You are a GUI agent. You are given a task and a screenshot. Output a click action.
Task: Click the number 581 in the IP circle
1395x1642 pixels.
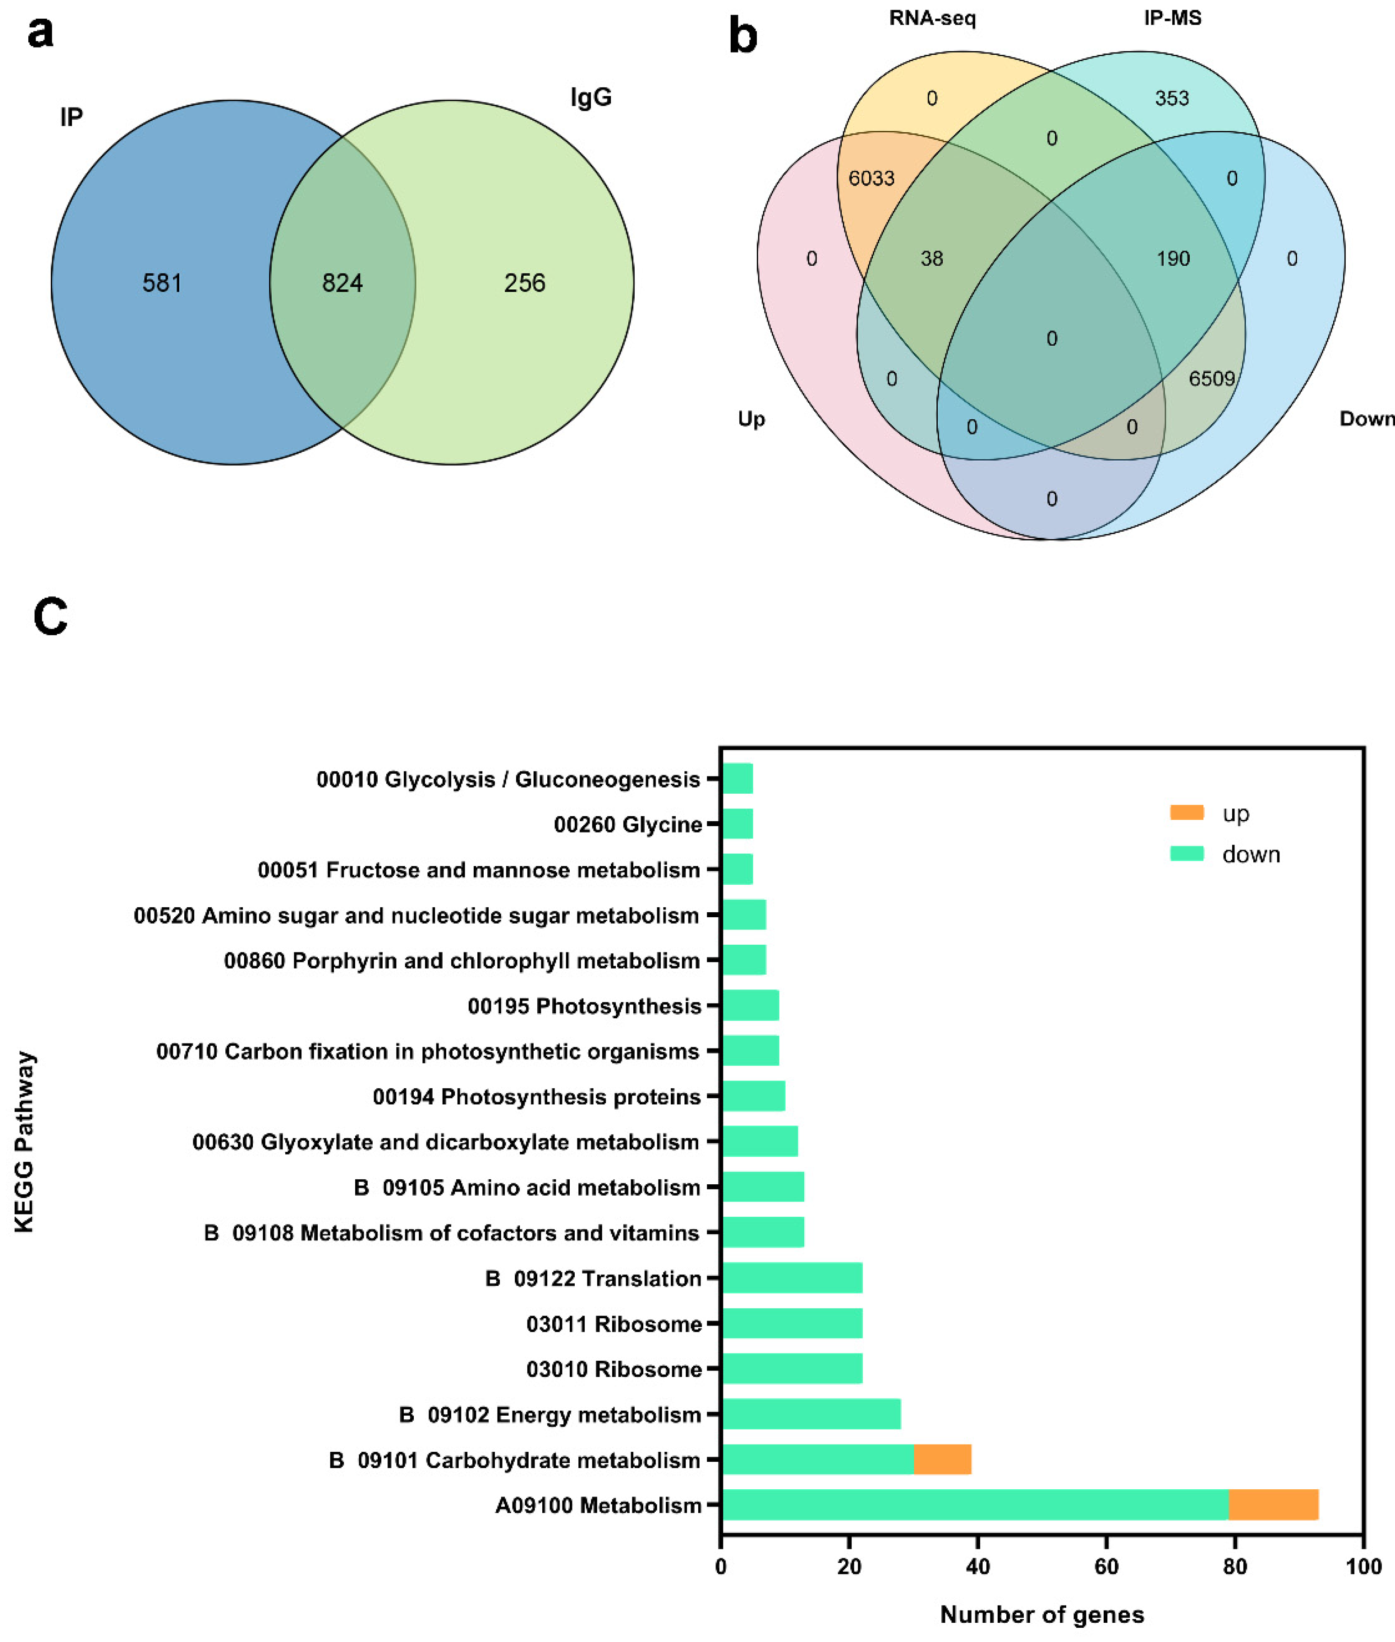pos(162,283)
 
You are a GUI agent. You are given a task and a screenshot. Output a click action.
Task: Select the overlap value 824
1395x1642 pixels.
pos(342,283)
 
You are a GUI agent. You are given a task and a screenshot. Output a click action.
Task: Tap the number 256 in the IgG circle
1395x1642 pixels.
pos(524,283)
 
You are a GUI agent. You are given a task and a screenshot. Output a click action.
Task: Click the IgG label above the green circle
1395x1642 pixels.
pos(591,98)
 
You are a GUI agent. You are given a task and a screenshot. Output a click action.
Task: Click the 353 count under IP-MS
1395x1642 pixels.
pos(1171,99)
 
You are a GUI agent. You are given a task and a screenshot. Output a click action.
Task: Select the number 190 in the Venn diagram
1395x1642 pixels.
pos(1173,259)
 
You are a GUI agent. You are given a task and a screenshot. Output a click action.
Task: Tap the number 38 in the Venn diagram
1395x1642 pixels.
pos(931,259)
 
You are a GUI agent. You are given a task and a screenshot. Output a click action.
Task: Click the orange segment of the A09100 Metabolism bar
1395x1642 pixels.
pos(1273,1504)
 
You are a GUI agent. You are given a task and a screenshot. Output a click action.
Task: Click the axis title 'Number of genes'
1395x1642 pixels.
pos(1042,1614)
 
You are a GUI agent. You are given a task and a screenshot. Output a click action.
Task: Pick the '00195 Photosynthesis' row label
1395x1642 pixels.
pos(584,1006)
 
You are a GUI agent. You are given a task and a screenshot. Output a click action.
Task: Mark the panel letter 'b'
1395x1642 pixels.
pos(743,37)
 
